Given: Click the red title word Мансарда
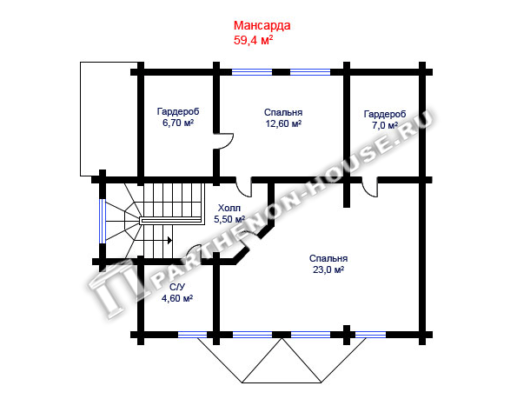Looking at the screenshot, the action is (262, 25).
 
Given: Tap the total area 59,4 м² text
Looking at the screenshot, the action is (253, 40).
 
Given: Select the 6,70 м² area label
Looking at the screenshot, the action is (178, 123).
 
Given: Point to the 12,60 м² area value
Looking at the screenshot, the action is (283, 123).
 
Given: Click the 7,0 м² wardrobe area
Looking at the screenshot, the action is (385, 125).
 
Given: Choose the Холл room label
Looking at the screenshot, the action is (229, 208).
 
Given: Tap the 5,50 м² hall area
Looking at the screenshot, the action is (229, 219).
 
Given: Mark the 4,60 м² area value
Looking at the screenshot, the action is (177, 298).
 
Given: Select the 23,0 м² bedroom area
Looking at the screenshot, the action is (328, 269).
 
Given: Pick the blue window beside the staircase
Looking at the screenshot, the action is (103, 221).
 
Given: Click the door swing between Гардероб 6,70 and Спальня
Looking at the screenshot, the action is (227, 141).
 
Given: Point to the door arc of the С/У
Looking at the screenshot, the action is (194, 248).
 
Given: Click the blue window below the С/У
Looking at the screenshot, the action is (193, 335).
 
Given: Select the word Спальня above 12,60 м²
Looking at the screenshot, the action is (283, 112).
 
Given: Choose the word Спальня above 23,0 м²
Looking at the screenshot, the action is (328, 258).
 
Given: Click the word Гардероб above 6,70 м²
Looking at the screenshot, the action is (178, 112).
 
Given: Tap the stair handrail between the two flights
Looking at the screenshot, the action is (171, 221).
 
